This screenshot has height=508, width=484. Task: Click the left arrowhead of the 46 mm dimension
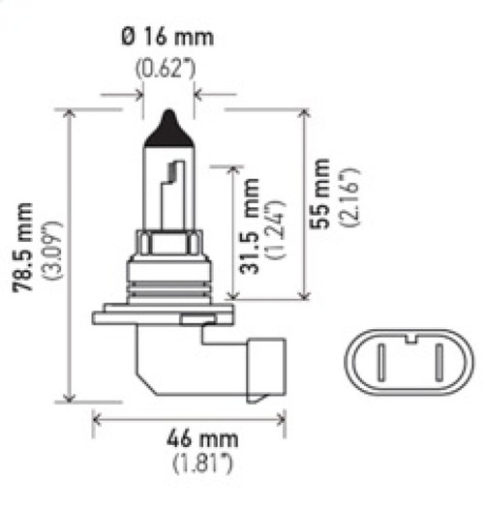[x=97, y=418]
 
